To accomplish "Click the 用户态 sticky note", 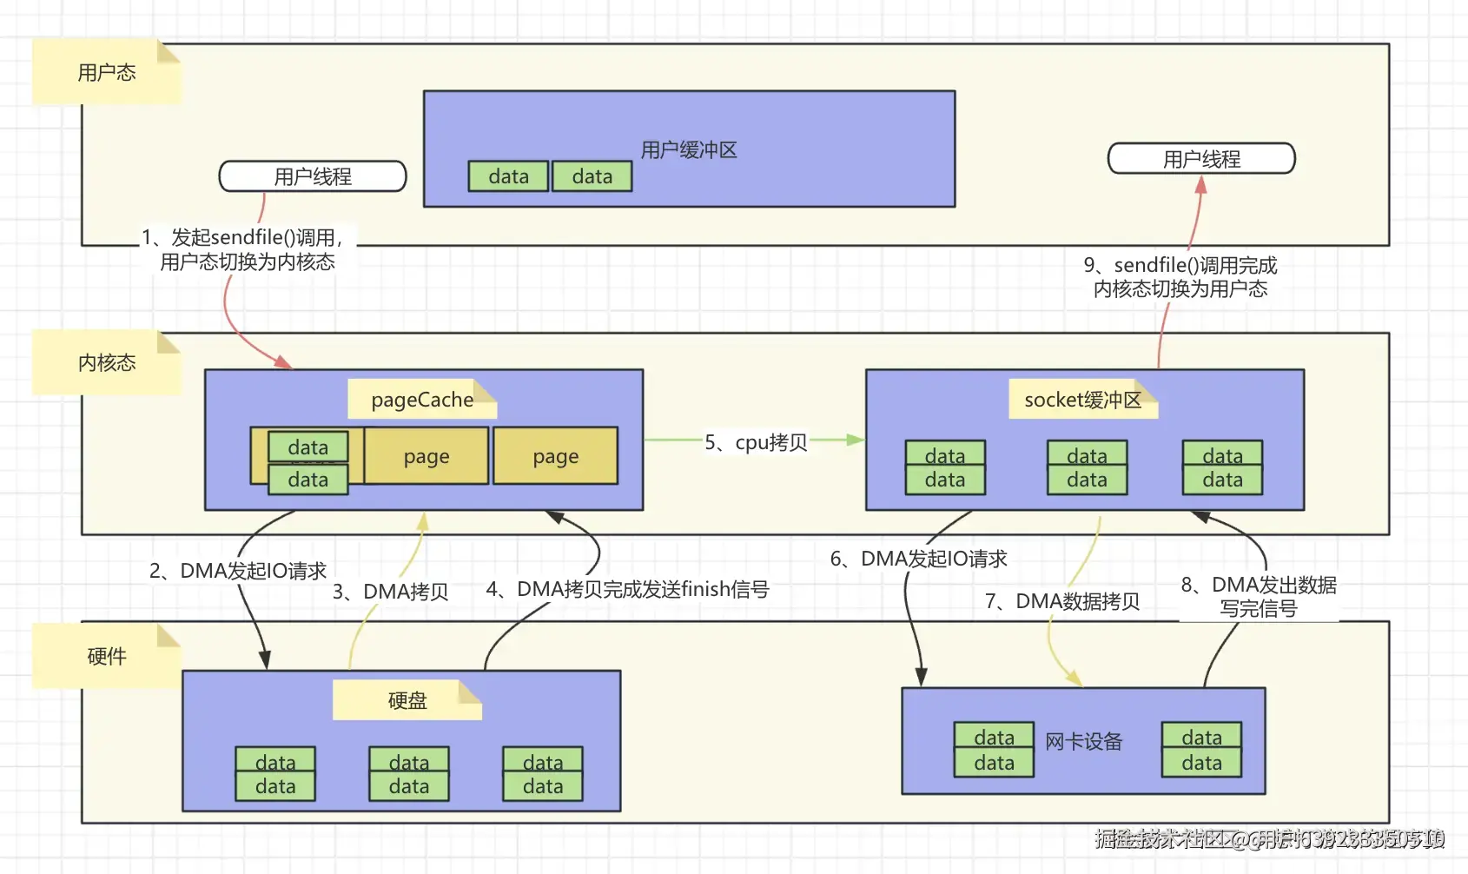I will pyautogui.click(x=106, y=72).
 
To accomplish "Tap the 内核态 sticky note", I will pyautogui.click(x=106, y=362).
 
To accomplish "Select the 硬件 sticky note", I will pyautogui.click(x=106, y=656).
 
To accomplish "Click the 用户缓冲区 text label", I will pyautogui.click(x=689, y=150).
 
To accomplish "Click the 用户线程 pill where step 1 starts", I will pyautogui.click(x=313, y=176).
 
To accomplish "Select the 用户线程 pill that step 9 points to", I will pyautogui.click(x=1201, y=159).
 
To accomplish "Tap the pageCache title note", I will pyautogui.click(x=422, y=400).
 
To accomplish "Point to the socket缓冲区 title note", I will pyautogui.click(x=1082, y=400).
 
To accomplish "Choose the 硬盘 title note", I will pyautogui.click(x=407, y=700).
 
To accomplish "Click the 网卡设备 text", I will pyautogui.click(x=1083, y=742).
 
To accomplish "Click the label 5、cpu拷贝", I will pyautogui.click(x=756, y=442).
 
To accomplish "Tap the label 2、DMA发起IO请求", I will pyautogui.click(x=238, y=571).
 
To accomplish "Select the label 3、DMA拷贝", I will pyautogui.click(x=391, y=592).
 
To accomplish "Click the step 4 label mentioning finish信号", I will pyautogui.click(x=627, y=589).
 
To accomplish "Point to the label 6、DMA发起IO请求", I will pyautogui.click(x=919, y=559).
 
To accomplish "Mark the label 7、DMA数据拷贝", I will pyautogui.click(x=1062, y=601).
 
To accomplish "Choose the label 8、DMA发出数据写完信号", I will pyautogui.click(x=1259, y=596).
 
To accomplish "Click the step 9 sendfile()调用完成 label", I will pyautogui.click(x=1180, y=277).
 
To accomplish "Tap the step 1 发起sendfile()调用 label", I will pyautogui.click(x=247, y=249).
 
